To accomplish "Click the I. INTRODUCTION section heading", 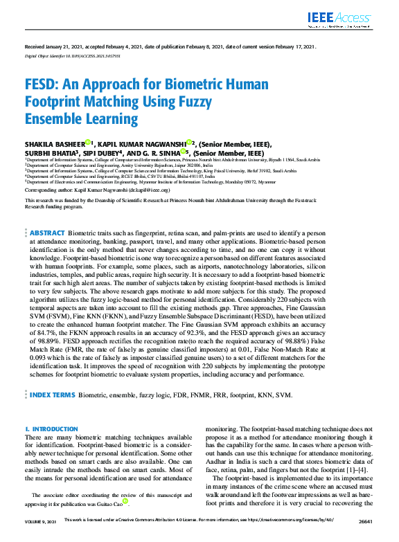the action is click(51, 429).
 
